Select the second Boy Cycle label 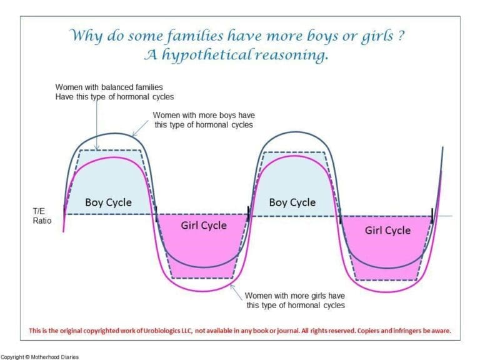(x=292, y=202)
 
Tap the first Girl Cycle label (x=204, y=225)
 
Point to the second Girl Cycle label (x=387, y=230)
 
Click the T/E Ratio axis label (x=40, y=216)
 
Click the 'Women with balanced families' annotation (x=109, y=87)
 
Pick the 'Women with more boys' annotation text (x=204, y=116)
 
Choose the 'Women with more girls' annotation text (x=294, y=294)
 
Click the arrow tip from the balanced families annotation (x=98, y=149)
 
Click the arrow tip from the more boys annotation (x=133, y=134)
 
